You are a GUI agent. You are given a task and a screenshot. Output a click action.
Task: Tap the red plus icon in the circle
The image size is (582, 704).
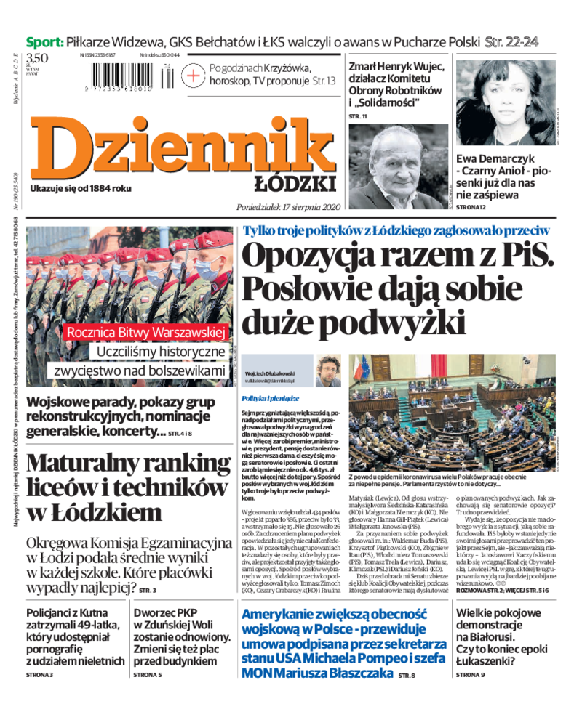pos(194,75)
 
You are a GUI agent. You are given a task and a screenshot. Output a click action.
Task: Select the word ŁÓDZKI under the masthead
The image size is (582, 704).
pos(295,183)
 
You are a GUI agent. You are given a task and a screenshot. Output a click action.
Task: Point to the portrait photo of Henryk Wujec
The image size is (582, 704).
pos(398,166)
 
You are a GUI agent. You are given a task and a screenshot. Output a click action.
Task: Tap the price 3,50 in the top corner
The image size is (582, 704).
pos(38,58)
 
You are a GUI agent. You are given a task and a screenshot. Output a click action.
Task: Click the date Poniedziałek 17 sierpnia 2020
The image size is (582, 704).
pos(289,207)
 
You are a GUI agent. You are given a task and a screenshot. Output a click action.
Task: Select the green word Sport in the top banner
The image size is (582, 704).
pos(44,41)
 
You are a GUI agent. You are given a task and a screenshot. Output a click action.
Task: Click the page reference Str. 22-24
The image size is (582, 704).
pos(512,41)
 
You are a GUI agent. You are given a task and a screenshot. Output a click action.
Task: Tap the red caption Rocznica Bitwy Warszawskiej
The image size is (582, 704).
pos(145,332)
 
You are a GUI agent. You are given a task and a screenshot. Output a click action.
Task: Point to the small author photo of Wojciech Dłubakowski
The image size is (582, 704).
pos(329,370)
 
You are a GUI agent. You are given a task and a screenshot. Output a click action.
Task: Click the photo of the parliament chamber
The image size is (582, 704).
pos(451,410)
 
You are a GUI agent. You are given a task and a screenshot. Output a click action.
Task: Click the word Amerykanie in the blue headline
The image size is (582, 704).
pos(282,615)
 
